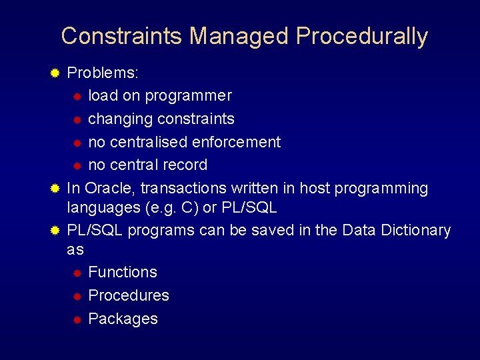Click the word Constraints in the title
coord(122,36)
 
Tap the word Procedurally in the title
coord(362,36)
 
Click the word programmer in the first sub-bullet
coord(188,96)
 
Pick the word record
coord(185,165)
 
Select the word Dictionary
coord(413,230)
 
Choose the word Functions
coord(123,272)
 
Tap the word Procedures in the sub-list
coord(129,295)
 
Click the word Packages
coord(123,319)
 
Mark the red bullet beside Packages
coord(77,319)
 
